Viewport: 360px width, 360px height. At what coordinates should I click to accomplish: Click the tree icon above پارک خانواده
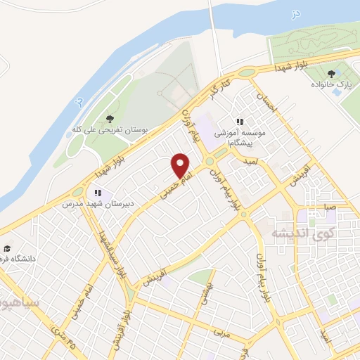pos(330,72)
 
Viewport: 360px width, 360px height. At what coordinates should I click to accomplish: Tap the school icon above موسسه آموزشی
pos(240,122)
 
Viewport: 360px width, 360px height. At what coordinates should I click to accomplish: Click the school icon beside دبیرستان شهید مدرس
pos(98,192)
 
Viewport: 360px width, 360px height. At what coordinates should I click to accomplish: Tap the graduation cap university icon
pos(7,248)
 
